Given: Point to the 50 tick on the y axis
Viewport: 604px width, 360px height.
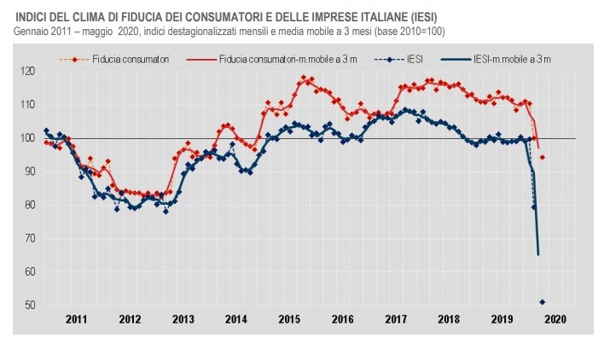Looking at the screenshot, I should pyautogui.click(x=31, y=305).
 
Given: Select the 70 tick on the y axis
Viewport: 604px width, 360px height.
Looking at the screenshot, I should pyautogui.click(x=31, y=239).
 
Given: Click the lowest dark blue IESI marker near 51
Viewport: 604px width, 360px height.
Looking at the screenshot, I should pyautogui.click(x=543, y=302).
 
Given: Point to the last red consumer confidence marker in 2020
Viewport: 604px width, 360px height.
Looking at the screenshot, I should pyautogui.click(x=543, y=158).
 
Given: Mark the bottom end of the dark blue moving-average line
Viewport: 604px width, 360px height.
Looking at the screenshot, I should pyautogui.click(x=538, y=254).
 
